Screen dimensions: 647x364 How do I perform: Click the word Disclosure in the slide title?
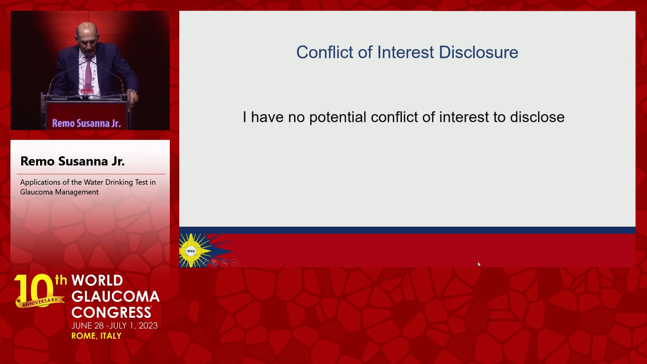click(x=479, y=52)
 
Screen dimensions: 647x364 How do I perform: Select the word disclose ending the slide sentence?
click(x=537, y=117)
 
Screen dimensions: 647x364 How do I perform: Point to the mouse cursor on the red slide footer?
click(x=479, y=265)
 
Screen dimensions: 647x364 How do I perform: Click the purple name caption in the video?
click(x=86, y=123)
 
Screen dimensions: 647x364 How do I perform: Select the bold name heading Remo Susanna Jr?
click(x=72, y=161)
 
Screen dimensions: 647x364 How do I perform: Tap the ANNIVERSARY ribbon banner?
click(x=40, y=302)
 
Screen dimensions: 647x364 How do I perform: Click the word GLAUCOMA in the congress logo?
click(x=116, y=297)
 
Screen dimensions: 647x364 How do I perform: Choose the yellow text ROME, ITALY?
click(x=96, y=336)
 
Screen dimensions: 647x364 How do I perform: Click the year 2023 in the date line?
click(x=148, y=326)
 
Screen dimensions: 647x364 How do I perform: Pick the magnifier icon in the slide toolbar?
click(x=224, y=263)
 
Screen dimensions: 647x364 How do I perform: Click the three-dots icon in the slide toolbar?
click(x=235, y=263)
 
